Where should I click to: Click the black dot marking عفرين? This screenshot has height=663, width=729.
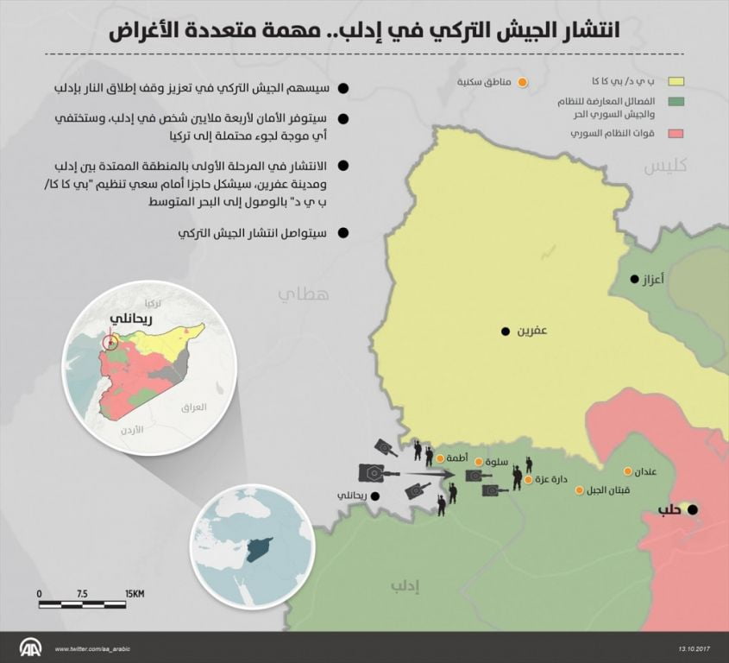[x=506, y=331]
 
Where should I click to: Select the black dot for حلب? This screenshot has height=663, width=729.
[x=693, y=510]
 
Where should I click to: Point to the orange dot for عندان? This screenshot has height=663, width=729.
[x=629, y=472]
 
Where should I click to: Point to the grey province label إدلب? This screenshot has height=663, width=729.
[x=404, y=588]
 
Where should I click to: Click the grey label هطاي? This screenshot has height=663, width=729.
[x=303, y=294]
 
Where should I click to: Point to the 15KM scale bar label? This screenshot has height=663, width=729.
[x=134, y=594]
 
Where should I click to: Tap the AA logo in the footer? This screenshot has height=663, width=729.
[x=31, y=647]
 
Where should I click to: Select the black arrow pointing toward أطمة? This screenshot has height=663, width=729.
[x=430, y=474]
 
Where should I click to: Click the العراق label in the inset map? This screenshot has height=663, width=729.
[x=195, y=406]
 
